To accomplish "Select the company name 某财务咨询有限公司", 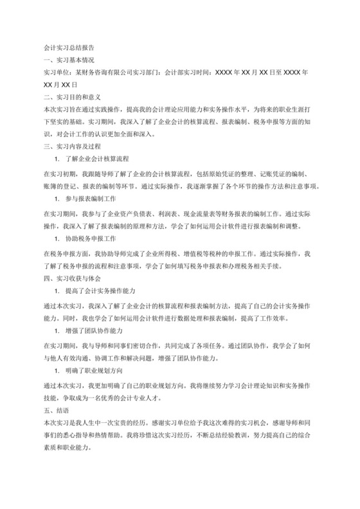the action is click(107, 72).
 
